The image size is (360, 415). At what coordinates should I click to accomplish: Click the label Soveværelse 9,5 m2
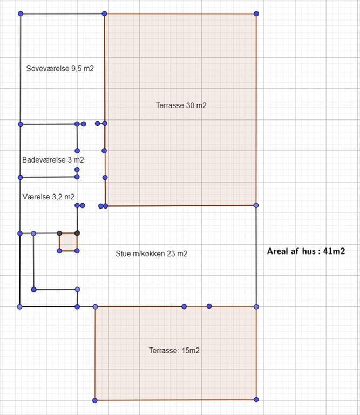(x=60, y=69)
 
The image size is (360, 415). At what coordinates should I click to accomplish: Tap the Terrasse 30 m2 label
(x=181, y=105)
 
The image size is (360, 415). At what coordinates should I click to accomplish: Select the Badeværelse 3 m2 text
(x=53, y=160)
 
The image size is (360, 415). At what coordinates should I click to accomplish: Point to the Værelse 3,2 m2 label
(x=49, y=197)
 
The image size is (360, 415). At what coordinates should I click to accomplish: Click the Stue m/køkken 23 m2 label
(x=152, y=253)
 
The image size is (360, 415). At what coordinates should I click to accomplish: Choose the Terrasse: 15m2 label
(x=174, y=350)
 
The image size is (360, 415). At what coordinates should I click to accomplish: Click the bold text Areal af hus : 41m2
(x=306, y=251)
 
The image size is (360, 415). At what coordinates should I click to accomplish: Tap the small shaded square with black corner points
(x=68, y=242)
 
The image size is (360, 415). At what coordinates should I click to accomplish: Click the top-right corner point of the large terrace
(x=256, y=14)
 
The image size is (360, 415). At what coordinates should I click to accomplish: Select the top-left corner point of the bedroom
(x=21, y=14)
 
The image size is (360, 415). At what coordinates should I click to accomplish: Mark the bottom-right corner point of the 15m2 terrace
(x=256, y=399)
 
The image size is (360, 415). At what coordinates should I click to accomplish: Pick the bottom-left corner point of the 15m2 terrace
(x=95, y=400)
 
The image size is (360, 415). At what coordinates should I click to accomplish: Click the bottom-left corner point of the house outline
(x=19, y=307)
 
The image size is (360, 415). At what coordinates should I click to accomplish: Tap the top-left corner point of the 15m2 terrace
(x=96, y=307)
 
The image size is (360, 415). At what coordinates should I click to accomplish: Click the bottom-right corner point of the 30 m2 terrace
(x=256, y=205)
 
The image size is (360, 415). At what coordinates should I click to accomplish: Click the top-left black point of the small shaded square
(x=59, y=233)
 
